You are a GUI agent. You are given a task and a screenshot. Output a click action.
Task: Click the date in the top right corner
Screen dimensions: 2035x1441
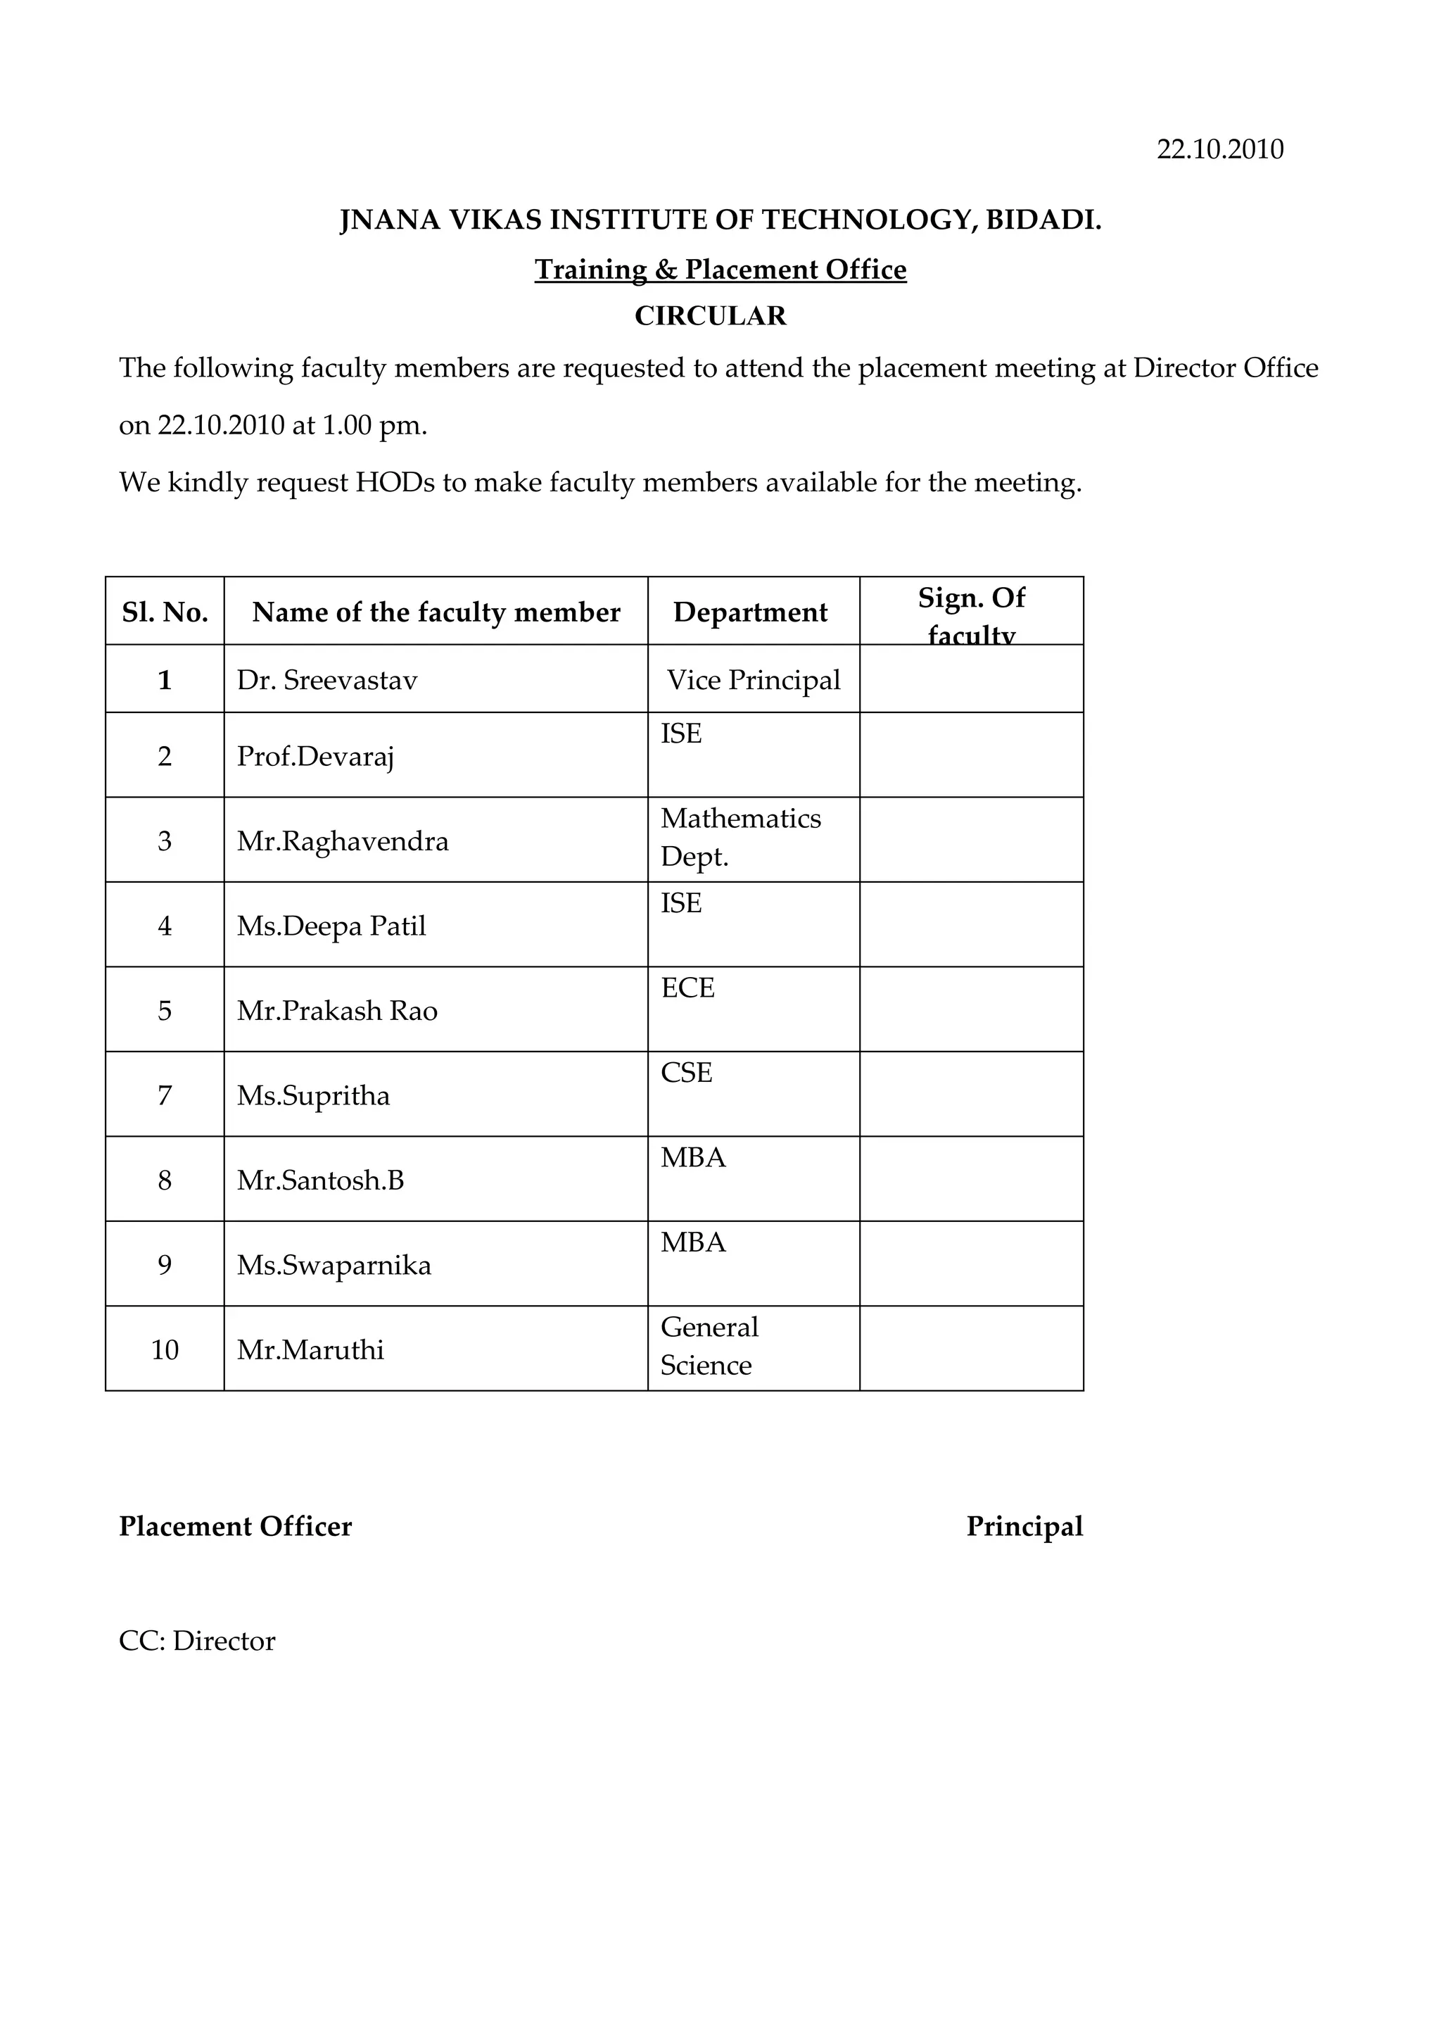point(1219,149)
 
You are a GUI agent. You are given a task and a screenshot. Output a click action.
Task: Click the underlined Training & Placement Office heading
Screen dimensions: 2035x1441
point(720,269)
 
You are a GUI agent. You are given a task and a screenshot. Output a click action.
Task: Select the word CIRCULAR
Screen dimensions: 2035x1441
point(710,316)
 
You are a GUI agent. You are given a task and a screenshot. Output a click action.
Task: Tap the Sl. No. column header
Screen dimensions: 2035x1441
point(165,612)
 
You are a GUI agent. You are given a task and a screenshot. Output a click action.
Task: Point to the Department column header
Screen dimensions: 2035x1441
point(750,612)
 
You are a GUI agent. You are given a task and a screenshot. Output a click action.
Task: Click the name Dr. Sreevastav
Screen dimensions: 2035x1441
point(326,681)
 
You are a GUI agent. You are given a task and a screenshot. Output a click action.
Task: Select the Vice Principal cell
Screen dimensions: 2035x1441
point(754,681)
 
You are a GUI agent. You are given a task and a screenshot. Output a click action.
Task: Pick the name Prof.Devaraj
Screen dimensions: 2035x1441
point(315,756)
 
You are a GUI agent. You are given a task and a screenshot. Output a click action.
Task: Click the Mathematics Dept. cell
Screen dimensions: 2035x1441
point(740,837)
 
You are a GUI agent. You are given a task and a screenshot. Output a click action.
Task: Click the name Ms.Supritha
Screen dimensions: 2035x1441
point(313,1095)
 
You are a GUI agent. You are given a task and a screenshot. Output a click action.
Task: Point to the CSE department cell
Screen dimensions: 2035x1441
point(686,1073)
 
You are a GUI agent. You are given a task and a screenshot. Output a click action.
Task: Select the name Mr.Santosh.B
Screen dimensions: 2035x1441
point(320,1180)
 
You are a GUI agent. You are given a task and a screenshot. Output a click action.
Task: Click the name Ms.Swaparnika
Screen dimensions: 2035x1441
point(334,1265)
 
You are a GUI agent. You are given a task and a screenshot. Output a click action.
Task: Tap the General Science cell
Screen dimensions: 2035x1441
point(709,1345)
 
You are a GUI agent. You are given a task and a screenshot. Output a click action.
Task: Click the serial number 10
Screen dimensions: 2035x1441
point(165,1350)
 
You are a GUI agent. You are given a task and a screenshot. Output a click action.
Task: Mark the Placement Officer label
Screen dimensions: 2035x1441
point(235,1527)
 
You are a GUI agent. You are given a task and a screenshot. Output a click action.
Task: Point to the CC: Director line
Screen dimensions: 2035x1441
point(197,1641)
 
